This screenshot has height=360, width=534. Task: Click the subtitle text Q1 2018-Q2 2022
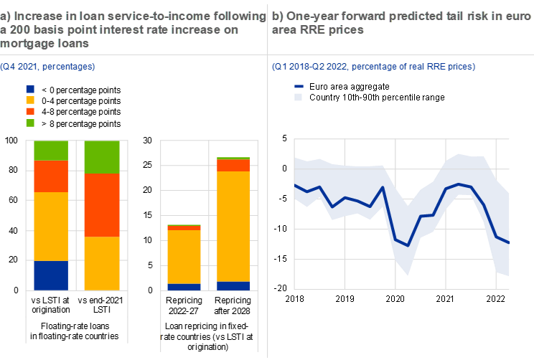[x=309, y=67]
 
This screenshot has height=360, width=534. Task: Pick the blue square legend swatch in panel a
[x=30, y=89]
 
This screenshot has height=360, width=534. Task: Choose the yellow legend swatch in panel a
[x=30, y=100]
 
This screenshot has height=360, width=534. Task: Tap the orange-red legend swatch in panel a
[x=30, y=112]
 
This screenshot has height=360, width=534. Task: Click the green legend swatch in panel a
[x=30, y=123]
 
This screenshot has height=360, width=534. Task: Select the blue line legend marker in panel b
[x=299, y=86]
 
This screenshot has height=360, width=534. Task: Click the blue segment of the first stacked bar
[x=51, y=275]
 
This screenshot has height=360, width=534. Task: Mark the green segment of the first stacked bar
[x=51, y=150]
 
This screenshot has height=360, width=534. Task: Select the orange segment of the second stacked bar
[x=102, y=204]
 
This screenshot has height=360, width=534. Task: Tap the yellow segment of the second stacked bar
[x=102, y=263]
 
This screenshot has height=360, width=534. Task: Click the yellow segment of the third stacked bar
[x=184, y=257]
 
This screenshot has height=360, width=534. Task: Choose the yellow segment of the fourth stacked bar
[x=233, y=226]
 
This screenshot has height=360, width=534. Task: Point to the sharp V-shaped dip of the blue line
[x=408, y=245]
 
